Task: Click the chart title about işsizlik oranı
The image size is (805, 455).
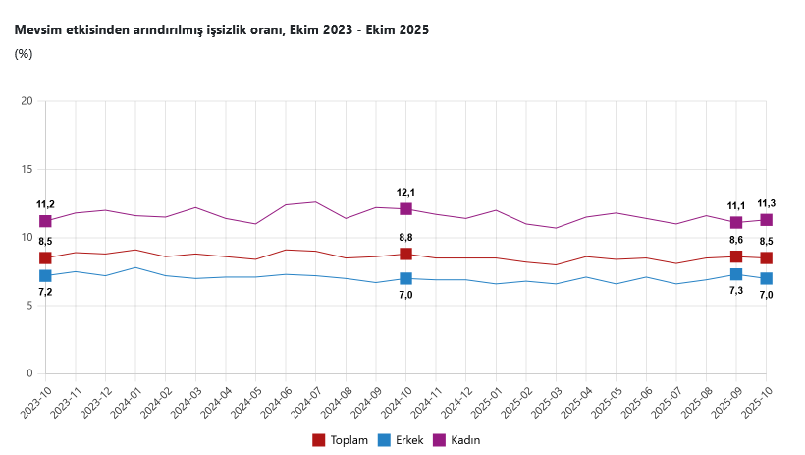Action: pyautogui.click(x=221, y=30)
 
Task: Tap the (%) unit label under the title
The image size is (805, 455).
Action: pyautogui.click(x=24, y=54)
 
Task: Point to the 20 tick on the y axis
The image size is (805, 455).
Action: pyautogui.click(x=27, y=101)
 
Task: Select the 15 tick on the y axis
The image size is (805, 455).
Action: pyautogui.click(x=27, y=169)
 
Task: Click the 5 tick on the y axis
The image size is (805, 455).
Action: pyautogui.click(x=29, y=306)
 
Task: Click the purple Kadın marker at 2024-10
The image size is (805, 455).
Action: pyautogui.click(x=405, y=209)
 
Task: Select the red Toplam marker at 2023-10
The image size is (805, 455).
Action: pyautogui.click(x=45, y=258)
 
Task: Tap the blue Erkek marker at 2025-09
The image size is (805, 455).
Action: pyautogui.click(x=736, y=274)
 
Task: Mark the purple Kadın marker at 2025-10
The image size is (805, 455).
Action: pyautogui.click(x=766, y=220)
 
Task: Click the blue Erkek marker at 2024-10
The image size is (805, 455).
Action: pyautogui.click(x=405, y=279)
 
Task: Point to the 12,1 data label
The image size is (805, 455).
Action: pyautogui.click(x=405, y=193)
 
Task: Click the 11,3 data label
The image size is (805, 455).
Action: pyautogui.click(x=766, y=203)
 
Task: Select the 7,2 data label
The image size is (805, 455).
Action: pyautogui.click(x=45, y=292)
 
